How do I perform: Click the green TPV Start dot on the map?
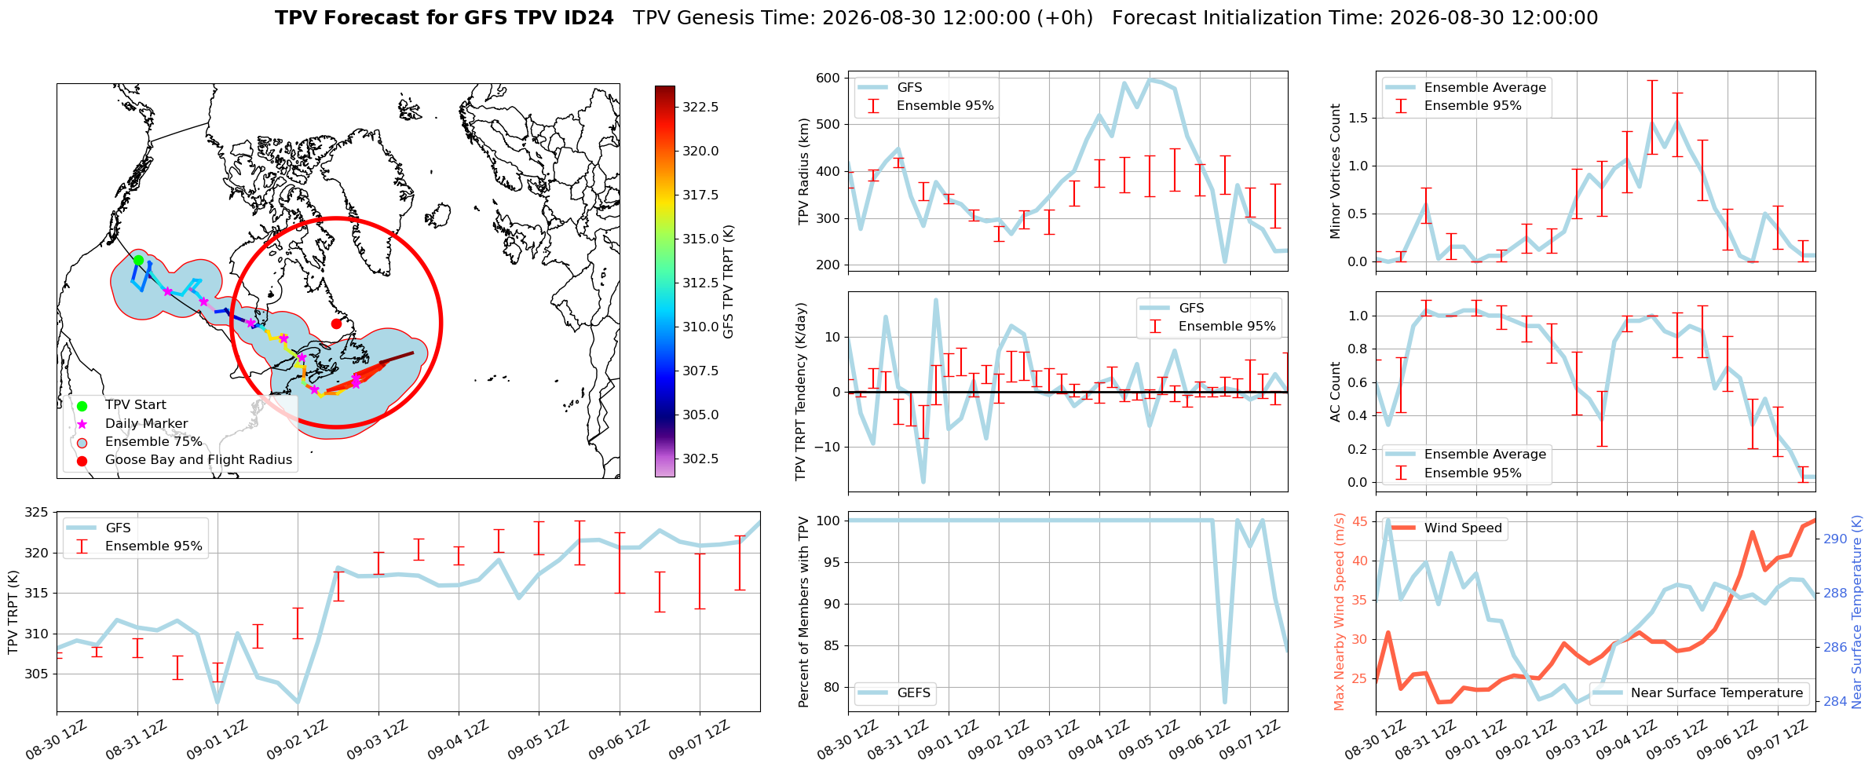[138, 260]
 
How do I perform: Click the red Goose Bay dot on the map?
[336, 323]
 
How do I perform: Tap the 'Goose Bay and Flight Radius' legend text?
[199, 459]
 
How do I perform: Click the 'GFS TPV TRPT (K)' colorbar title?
[729, 281]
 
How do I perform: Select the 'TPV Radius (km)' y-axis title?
[803, 171]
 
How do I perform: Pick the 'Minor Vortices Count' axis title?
[1336, 171]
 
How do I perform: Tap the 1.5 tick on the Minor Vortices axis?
[1358, 118]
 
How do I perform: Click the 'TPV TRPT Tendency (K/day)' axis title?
[800, 391]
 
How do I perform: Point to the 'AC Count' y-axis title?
[1336, 392]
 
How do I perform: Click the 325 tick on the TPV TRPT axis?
[37, 513]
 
